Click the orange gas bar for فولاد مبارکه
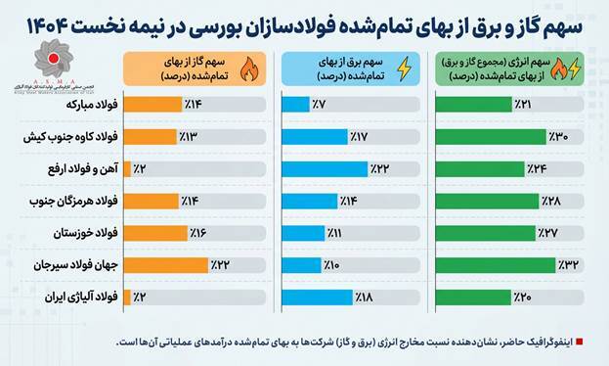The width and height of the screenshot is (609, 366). [x=152, y=105]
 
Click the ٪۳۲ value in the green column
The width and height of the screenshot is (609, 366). [x=569, y=264]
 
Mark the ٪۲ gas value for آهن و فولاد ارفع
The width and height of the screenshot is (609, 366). [x=141, y=169]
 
